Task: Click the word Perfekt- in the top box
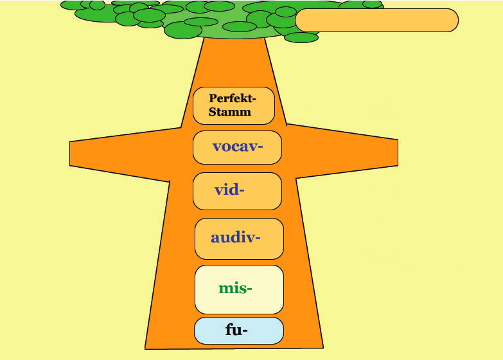233,98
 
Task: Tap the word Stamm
230,112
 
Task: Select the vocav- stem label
238,147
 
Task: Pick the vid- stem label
229,190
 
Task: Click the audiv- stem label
236,238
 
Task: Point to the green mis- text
235,288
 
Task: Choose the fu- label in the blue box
236,330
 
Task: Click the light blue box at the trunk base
239,331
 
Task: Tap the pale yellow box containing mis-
240,289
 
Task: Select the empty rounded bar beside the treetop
376,20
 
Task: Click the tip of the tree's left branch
70,154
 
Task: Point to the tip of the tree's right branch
398,153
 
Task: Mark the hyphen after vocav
260,147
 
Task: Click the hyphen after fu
245,330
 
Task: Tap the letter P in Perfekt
213,98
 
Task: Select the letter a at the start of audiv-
215,239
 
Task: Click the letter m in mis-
226,289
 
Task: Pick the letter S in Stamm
213,112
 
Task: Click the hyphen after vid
242,190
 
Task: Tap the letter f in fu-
229,330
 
